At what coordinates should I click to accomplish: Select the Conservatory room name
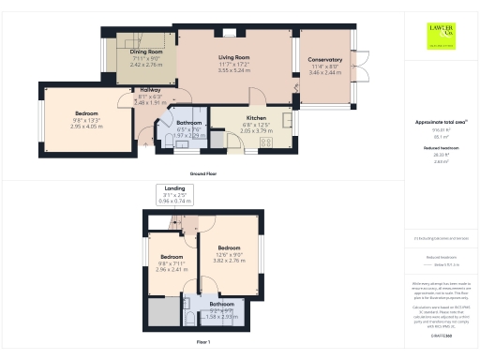[325, 60]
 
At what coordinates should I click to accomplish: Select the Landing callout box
[174, 194]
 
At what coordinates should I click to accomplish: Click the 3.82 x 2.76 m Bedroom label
[230, 257]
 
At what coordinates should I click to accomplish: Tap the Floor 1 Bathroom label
[222, 305]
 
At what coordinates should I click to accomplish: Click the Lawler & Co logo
[442, 36]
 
